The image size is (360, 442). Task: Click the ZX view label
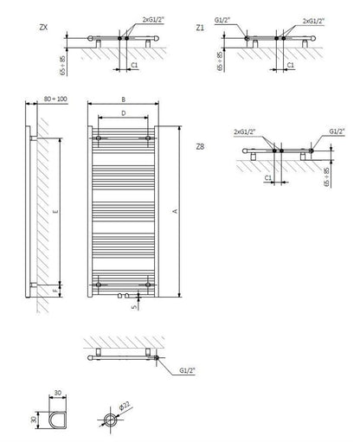tap(43, 28)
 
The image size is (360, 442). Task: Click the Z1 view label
tap(200, 28)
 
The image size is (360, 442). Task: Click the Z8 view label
tap(200, 146)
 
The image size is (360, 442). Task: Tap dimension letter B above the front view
tap(124, 99)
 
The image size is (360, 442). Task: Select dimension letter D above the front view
tap(124, 113)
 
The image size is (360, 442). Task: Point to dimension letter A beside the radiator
tap(175, 211)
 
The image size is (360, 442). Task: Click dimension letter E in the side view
tap(56, 211)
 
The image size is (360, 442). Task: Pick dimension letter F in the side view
tap(56, 291)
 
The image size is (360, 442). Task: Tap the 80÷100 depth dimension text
tap(55, 99)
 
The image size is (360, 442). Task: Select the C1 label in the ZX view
tap(134, 65)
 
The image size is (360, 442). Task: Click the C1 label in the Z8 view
tap(268, 177)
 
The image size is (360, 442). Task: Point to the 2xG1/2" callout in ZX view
tap(153, 20)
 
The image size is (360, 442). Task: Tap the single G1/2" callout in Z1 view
tap(222, 20)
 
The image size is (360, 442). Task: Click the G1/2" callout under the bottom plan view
tap(188, 370)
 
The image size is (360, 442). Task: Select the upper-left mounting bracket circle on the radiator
tap(99, 138)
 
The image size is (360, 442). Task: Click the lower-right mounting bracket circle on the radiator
tap(148, 285)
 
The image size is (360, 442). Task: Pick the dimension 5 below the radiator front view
tap(134, 307)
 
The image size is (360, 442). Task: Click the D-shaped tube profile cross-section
tap(58, 420)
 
